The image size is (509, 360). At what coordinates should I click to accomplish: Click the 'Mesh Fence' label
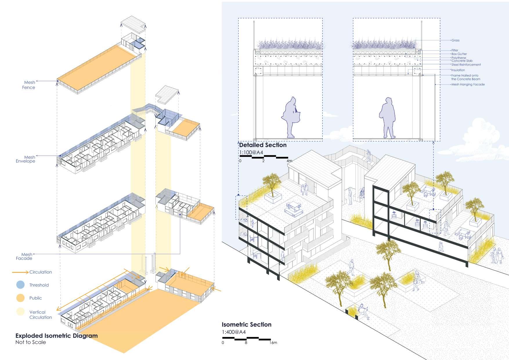tap(29, 85)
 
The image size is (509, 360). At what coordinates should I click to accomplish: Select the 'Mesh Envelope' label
tap(26, 159)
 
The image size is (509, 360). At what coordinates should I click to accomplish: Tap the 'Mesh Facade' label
tap(24, 256)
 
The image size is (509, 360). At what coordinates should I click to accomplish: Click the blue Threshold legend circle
tap(20, 285)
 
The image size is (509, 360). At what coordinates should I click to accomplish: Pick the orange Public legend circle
tap(20, 298)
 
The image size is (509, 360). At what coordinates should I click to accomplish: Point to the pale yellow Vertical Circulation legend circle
tap(20, 312)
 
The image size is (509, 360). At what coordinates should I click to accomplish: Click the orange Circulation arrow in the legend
tap(20, 272)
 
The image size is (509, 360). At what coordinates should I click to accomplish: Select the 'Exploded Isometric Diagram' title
tap(56, 336)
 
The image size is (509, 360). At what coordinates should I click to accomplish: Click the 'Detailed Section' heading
tap(263, 145)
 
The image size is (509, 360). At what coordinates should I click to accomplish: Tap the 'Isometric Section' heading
tap(246, 324)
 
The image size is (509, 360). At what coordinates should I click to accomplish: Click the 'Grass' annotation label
tap(455, 40)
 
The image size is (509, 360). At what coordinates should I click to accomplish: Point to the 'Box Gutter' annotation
tap(459, 54)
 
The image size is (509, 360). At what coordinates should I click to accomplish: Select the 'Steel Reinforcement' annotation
tap(466, 65)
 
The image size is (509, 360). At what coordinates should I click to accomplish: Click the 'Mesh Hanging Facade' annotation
tap(468, 84)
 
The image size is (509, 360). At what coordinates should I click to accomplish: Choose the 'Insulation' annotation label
tap(458, 70)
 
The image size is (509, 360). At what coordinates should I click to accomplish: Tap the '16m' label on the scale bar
tap(273, 343)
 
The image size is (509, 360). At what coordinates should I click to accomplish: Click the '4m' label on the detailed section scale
tap(289, 161)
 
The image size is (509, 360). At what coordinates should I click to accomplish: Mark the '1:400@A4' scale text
tap(234, 332)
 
